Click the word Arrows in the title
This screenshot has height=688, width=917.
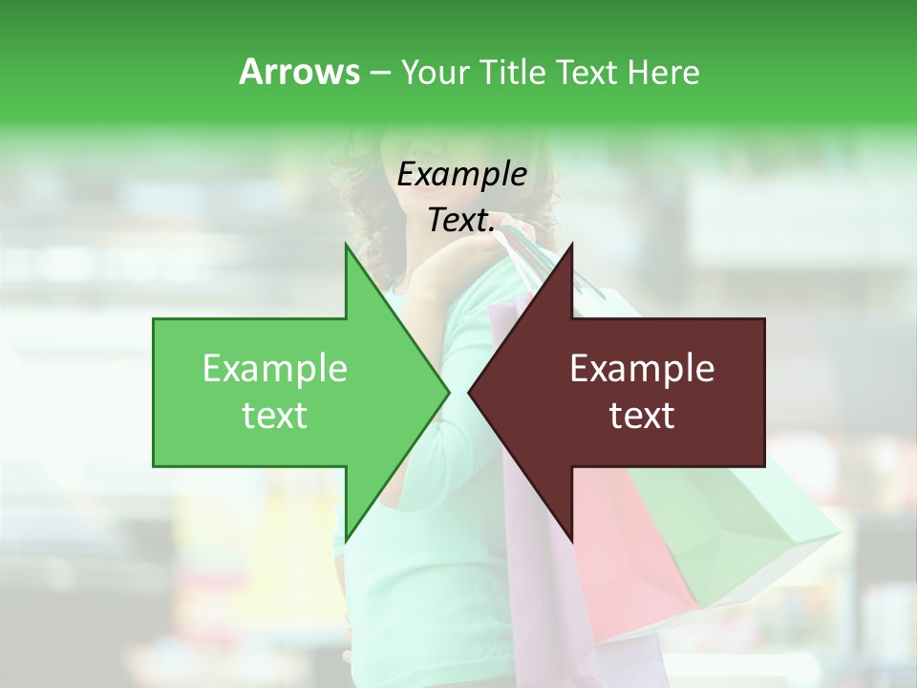[299, 72]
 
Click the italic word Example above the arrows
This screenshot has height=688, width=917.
[461, 175]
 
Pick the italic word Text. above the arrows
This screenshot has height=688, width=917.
[461, 220]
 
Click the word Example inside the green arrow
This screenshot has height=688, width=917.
[275, 369]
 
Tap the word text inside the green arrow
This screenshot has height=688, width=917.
[275, 416]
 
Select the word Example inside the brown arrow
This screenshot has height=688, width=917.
[642, 369]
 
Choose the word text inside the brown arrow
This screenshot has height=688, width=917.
[642, 416]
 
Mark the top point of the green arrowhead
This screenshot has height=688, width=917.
[347, 247]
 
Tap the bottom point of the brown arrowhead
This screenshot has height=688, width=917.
[571, 537]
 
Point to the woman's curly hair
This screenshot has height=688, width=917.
[358, 191]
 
